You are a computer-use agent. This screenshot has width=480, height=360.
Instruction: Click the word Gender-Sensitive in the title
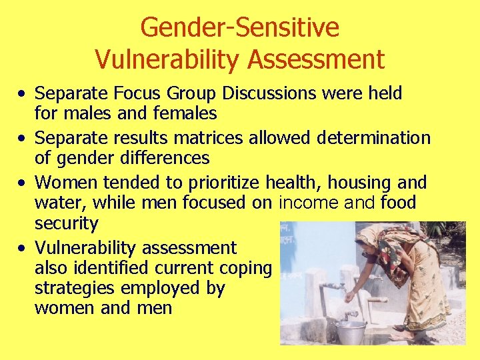click(x=239, y=28)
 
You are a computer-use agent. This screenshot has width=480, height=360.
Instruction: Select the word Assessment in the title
click(x=316, y=59)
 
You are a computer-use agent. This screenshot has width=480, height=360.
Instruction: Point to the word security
click(x=66, y=223)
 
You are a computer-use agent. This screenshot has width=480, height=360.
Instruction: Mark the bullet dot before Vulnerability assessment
click(x=23, y=249)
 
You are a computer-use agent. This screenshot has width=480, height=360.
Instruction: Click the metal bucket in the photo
click(x=351, y=331)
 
